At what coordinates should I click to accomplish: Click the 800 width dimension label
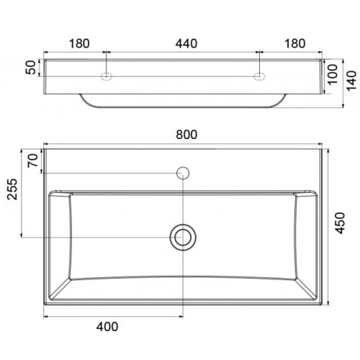pos(186,135)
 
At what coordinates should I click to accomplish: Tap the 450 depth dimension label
pos(340,222)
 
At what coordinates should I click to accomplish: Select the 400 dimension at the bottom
pos(107,327)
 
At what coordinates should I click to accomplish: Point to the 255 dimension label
pos(12,189)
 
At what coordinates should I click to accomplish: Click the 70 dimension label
pos(33,161)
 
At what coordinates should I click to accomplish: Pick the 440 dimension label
pos(186,44)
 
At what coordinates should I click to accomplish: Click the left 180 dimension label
pos(79,44)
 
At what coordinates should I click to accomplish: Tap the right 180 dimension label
pos(295,44)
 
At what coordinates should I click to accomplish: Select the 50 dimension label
pos(31,68)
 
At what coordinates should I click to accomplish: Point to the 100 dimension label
pos(333,74)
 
